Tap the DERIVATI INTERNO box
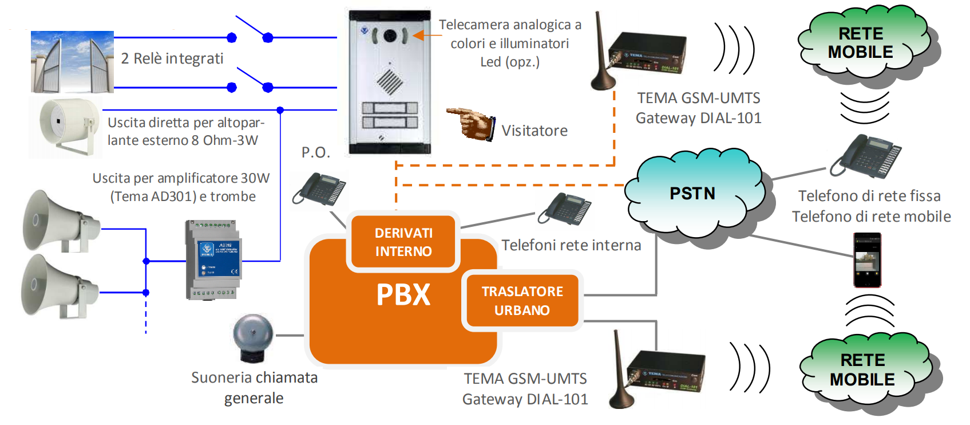(403, 242)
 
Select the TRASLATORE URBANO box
(522, 300)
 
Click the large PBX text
(403, 295)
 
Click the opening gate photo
(72, 61)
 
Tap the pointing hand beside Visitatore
(471, 124)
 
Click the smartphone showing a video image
(867, 260)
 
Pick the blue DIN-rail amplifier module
(213, 259)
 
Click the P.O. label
(316, 152)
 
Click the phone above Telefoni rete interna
(564, 209)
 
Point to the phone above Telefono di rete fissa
(865, 156)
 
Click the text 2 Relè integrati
(172, 58)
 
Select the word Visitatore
(535, 131)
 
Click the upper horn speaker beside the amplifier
(61, 221)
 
